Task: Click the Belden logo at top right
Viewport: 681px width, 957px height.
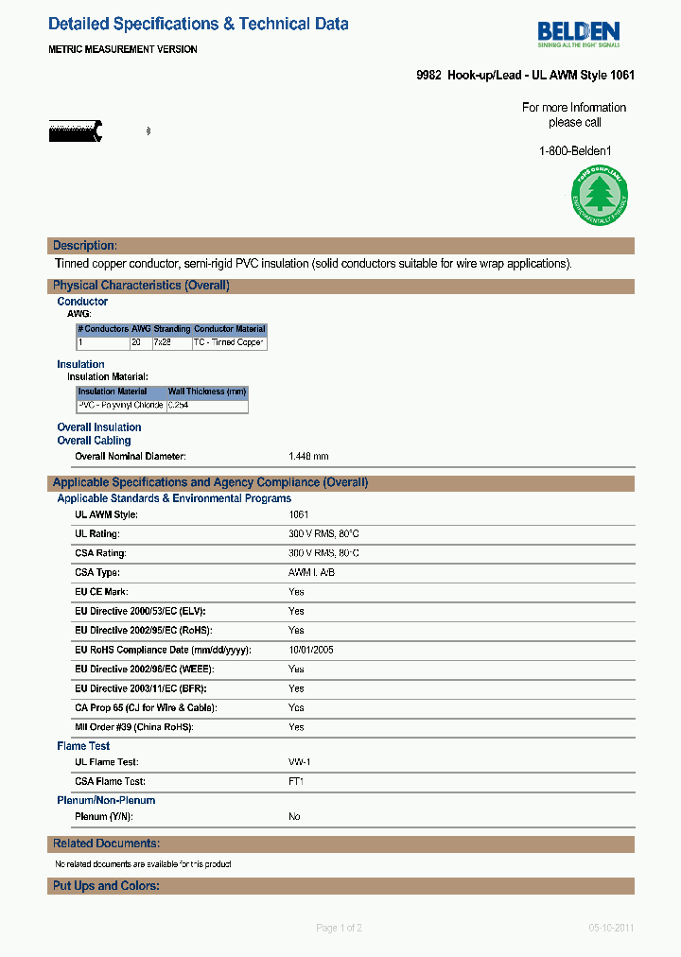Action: [578, 34]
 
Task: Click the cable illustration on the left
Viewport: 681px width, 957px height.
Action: [77, 131]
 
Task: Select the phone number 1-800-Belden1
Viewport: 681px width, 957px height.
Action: [575, 150]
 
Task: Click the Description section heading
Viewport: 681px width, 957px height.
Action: [85, 246]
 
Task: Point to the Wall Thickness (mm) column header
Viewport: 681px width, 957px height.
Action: [207, 391]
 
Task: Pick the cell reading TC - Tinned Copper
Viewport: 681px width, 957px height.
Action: [229, 342]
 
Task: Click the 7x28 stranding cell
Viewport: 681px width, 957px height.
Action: [165, 342]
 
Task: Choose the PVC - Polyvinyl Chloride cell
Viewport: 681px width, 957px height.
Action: [120, 406]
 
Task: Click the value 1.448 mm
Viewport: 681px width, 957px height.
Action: [308, 457]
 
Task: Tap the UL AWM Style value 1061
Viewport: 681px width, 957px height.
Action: [299, 515]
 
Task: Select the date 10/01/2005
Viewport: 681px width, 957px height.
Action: [310, 651]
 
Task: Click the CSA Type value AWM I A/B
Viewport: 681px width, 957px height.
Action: [311, 573]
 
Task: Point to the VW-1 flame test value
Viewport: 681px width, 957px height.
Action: [301, 762]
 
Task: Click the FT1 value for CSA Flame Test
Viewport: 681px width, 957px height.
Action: [296, 782]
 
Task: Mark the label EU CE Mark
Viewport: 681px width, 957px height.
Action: [101, 592]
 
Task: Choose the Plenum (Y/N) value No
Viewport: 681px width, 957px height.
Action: [294, 816]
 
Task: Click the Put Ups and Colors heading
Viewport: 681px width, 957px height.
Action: [106, 886]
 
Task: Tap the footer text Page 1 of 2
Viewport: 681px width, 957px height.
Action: [339, 928]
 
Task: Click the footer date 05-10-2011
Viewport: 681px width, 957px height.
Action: [610, 928]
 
